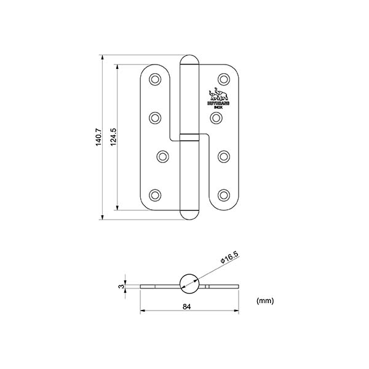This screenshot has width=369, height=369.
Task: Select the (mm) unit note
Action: pos(265,301)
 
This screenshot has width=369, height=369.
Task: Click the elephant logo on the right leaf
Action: pos(219,96)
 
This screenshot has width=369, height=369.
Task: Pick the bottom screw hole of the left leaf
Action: pos(154,196)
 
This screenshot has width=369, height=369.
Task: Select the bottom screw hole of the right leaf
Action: pos(223,196)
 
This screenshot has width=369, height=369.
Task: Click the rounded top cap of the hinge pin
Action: pos(189,61)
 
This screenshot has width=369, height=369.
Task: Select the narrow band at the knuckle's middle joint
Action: pos(189,137)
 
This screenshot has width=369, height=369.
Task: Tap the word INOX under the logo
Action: pos(219,107)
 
